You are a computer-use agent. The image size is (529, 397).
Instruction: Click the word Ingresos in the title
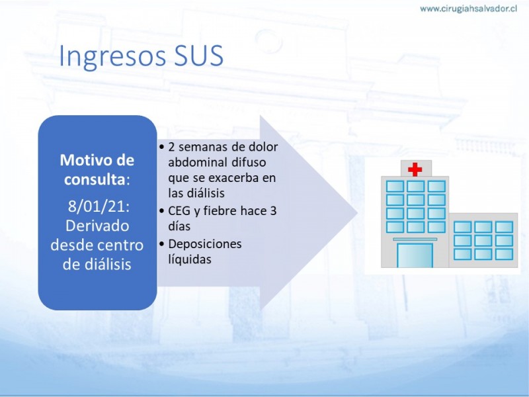pyautogui.click(x=112, y=56)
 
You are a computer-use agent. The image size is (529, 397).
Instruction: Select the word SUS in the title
pyautogui.click(x=199, y=55)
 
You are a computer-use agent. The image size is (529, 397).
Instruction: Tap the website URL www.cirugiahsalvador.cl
pyautogui.click(x=469, y=9)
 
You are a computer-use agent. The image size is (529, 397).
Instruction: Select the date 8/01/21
pyautogui.click(x=99, y=206)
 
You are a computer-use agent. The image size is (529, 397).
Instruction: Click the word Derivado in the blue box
pyautogui.click(x=97, y=226)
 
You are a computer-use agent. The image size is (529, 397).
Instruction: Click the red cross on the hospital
pyautogui.click(x=415, y=169)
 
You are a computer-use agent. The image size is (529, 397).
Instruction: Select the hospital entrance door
pyautogui.click(x=415, y=255)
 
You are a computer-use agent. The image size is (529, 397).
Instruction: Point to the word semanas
pyautogui.click(x=204, y=147)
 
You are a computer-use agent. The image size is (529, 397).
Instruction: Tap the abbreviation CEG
pyautogui.click(x=179, y=210)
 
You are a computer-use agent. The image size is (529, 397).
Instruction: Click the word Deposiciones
pyautogui.click(x=205, y=244)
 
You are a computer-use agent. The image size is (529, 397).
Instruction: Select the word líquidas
pyautogui.click(x=190, y=259)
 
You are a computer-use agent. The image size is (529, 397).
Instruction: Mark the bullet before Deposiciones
pyautogui.click(x=162, y=243)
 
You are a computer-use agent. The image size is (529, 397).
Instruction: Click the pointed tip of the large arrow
pyautogui.click(x=357, y=212)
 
